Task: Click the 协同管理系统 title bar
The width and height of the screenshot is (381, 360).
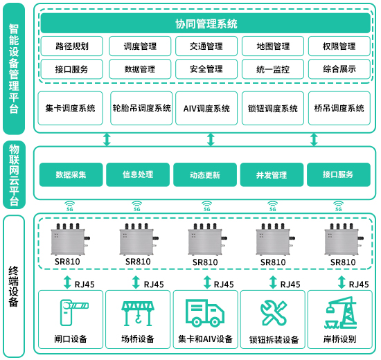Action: (x=206, y=23)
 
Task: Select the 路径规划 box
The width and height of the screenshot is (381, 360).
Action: (x=72, y=46)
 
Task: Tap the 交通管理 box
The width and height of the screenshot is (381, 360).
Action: (x=206, y=46)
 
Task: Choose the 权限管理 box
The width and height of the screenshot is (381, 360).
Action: (x=339, y=46)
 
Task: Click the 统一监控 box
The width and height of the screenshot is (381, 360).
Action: (x=273, y=69)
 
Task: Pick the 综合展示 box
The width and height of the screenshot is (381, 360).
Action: (x=339, y=69)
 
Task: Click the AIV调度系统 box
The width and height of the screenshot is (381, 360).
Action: (x=206, y=108)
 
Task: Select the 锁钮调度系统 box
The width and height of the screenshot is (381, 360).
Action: (x=273, y=108)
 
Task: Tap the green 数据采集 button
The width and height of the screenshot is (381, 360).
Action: (x=71, y=174)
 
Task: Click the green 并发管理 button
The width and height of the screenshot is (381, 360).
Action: (x=272, y=174)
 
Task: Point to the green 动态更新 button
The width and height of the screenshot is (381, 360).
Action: (x=205, y=174)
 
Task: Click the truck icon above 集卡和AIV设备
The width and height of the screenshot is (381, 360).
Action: (x=205, y=313)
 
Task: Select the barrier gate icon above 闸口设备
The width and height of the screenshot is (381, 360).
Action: (x=74, y=313)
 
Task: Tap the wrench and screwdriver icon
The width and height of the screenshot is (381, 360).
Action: (x=274, y=313)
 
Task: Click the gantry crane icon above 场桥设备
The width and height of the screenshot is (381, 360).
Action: (x=138, y=314)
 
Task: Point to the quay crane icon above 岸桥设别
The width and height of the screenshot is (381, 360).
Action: (x=341, y=313)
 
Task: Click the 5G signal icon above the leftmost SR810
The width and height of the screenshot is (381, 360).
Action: (x=70, y=206)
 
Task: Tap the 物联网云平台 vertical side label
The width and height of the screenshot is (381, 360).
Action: (x=14, y=175)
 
